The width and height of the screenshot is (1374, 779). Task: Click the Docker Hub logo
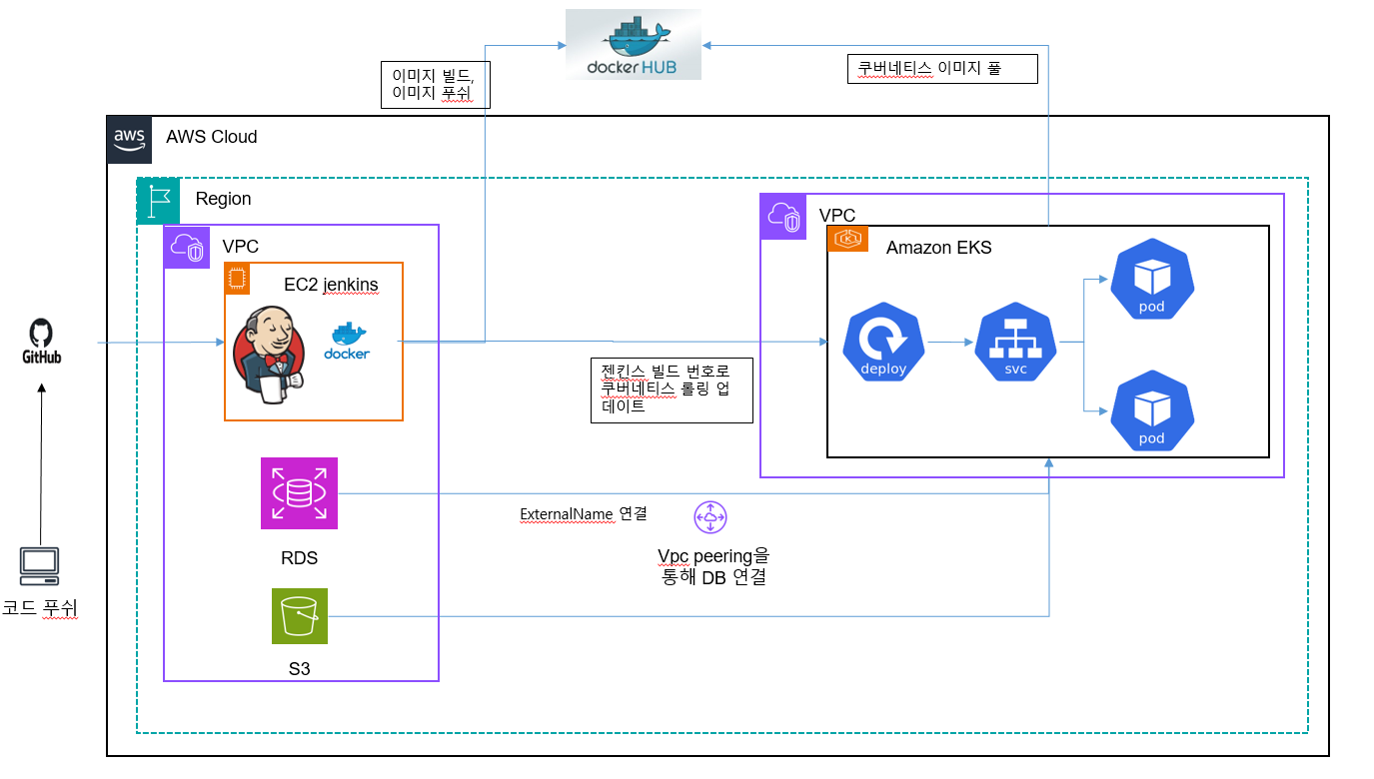tap(633, 44)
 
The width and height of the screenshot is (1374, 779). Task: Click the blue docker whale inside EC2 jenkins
tap(347, 341)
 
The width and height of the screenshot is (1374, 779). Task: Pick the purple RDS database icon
tap(299, 492)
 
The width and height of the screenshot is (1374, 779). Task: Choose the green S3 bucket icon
tap(299, 616)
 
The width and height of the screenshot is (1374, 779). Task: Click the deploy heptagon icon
tap(883, 343)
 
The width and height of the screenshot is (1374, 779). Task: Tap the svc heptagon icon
tap(1015, 343)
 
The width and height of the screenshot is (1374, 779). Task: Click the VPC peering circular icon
tap(710, 517)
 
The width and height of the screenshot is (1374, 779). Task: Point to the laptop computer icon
tap(39, 566)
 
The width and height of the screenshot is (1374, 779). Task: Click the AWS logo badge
tap(129, 138)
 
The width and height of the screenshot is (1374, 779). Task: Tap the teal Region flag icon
tap(158, 200)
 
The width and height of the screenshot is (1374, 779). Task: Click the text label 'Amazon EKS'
tap(938, 248)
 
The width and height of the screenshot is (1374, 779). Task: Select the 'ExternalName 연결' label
tap(583, 514)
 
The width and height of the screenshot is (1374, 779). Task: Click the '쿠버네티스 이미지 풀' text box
tap(941, 69)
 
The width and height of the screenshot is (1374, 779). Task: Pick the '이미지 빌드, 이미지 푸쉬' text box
tap(434, 85)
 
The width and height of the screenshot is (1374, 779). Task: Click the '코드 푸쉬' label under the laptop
tap(40, 607)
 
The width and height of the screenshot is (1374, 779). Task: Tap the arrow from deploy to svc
tap(949, 343)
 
